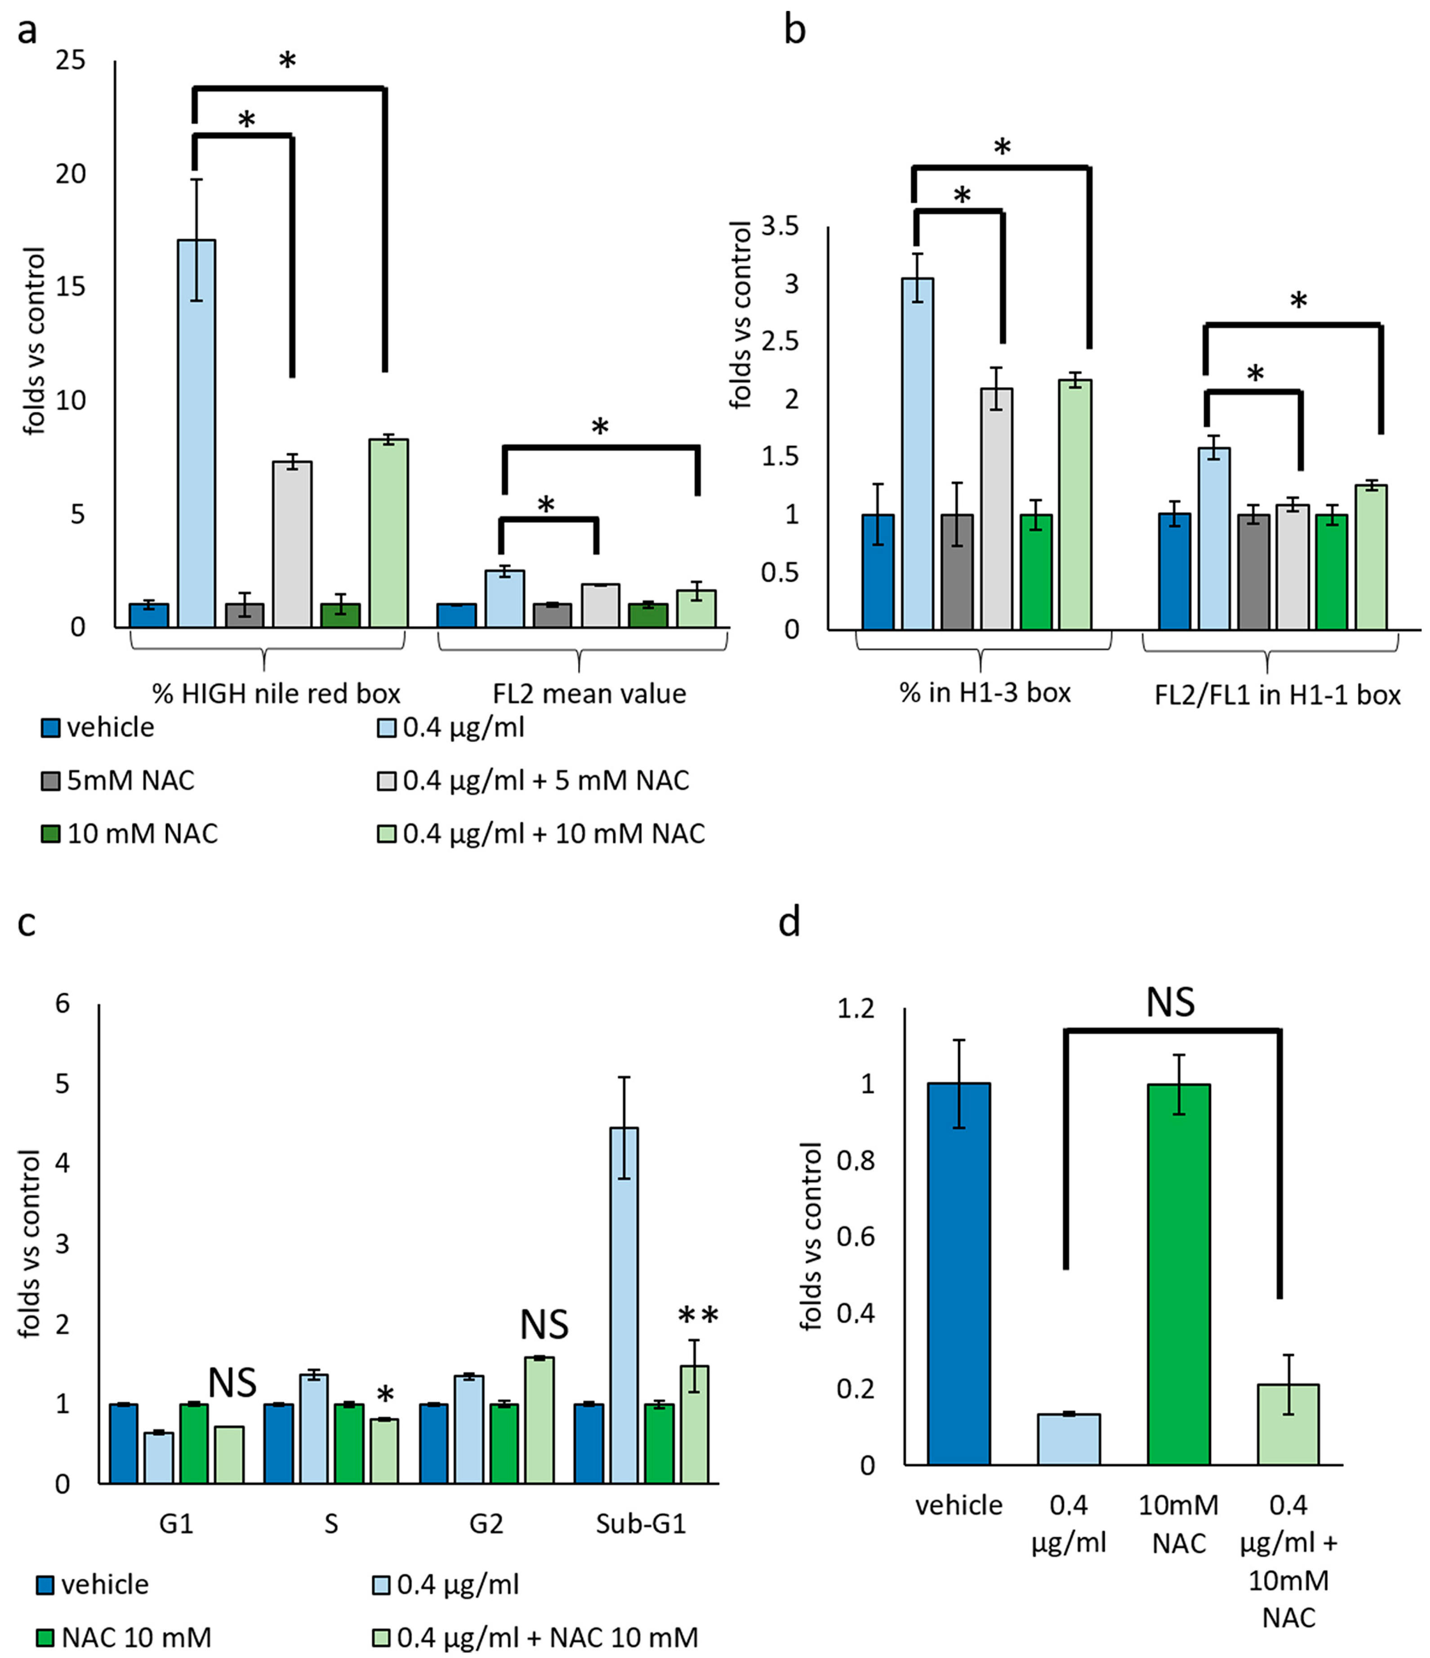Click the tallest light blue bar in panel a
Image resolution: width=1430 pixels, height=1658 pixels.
click(196, 432)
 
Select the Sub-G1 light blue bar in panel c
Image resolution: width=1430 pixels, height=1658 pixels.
click(624, 1304)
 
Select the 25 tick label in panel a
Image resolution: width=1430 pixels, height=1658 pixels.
click(71, 60)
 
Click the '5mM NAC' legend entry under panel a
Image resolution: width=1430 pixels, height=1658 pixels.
click(118, 780)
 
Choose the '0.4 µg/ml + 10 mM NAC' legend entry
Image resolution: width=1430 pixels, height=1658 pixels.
click(542, 834)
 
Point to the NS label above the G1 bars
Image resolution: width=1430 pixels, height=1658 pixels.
click(232, 1382)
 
